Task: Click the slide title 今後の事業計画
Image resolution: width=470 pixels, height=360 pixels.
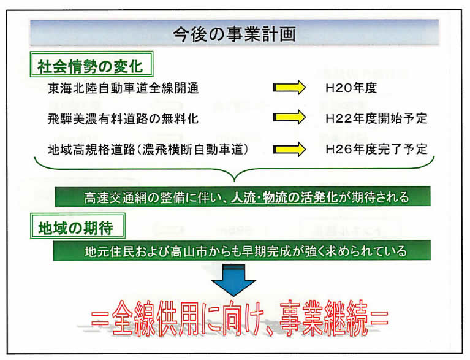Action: (235, 34)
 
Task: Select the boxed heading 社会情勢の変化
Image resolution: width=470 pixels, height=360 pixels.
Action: (91, 64)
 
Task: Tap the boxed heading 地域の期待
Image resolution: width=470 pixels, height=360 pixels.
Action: (78, 226)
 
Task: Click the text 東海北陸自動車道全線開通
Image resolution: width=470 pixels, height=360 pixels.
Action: (123, 88)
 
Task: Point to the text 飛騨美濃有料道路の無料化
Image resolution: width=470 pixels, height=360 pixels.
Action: (123, 119)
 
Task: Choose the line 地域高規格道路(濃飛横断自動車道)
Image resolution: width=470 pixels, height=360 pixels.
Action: (148, 150)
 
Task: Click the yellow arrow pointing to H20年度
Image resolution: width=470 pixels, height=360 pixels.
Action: (289, 88)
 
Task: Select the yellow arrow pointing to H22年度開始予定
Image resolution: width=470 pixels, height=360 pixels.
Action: (289, 117)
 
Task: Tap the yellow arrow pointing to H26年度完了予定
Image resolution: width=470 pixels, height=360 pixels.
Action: (289, 150)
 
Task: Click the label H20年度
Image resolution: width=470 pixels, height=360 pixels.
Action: (351, 88)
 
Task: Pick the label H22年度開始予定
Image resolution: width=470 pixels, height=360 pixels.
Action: (376, 118)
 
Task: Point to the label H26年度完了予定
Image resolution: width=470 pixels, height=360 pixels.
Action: (376, 149)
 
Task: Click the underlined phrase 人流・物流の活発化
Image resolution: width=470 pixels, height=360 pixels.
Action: (284, 197)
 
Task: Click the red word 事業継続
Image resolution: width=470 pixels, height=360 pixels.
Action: (324, 318)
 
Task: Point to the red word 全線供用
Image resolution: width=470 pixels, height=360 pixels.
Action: (156, 318)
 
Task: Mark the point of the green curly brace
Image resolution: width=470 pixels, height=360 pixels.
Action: (235, 181)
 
